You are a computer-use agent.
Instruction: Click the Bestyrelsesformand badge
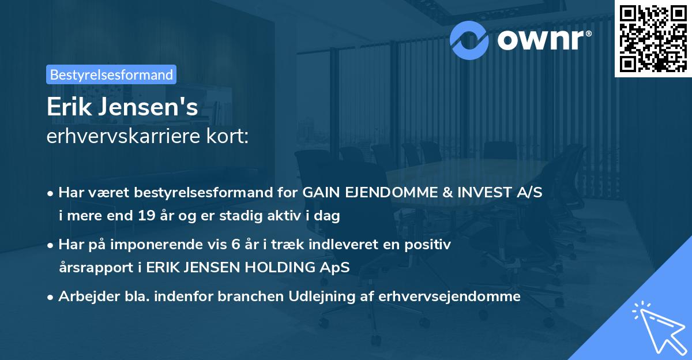[x=111, y=74]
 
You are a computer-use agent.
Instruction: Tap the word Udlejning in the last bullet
[x=313, y=297]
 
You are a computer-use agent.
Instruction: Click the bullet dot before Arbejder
[x=51, y=297]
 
